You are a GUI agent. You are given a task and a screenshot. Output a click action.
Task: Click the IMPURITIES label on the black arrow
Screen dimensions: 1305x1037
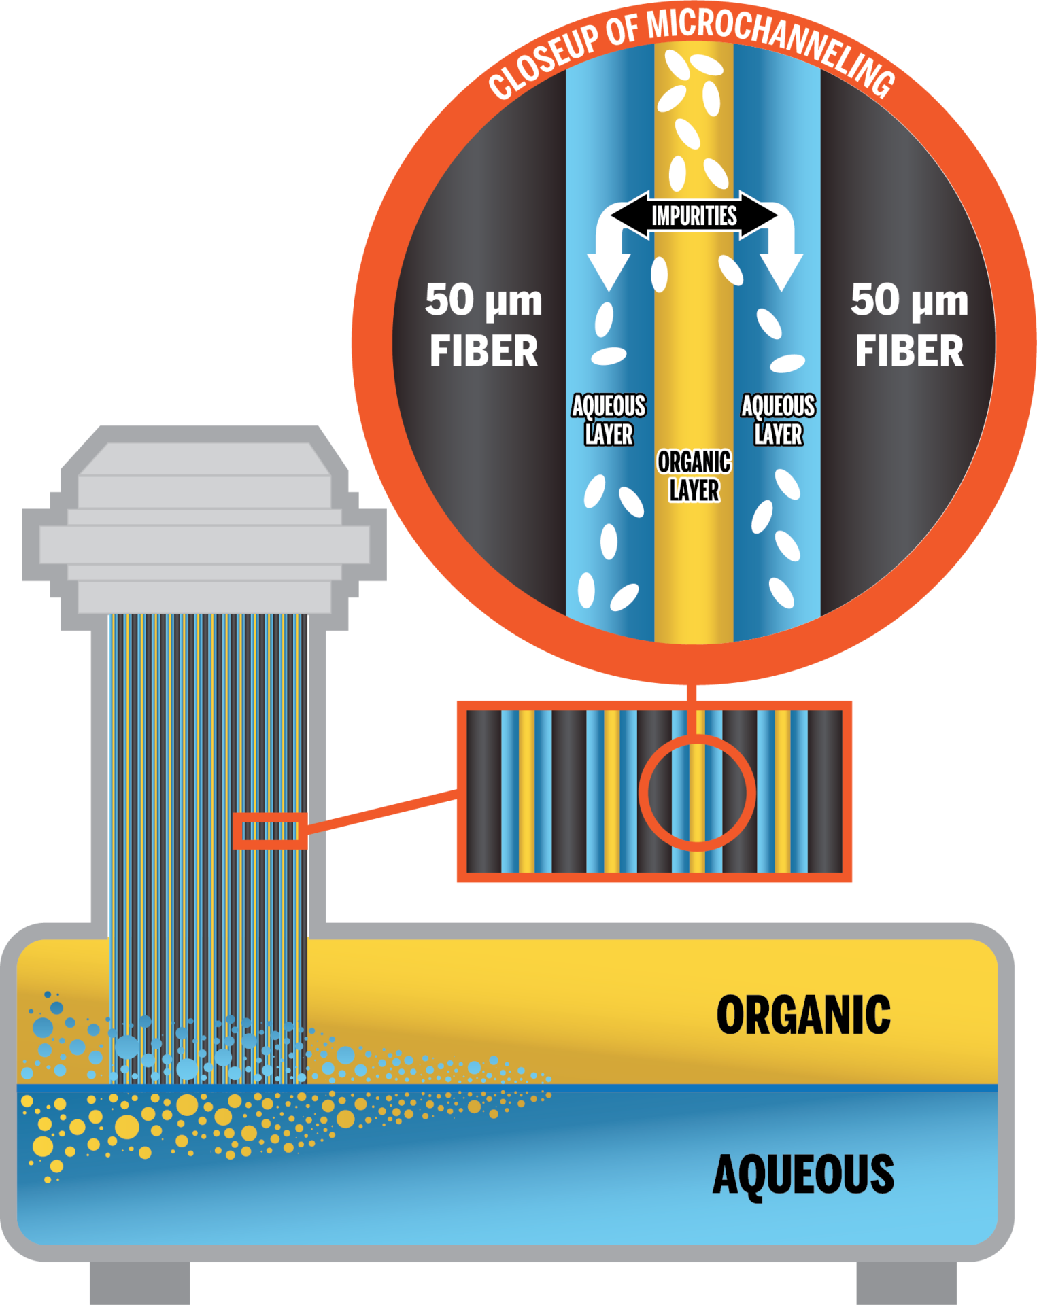click(694, 216)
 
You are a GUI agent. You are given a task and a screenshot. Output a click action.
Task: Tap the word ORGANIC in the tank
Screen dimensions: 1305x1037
click(803, 1015)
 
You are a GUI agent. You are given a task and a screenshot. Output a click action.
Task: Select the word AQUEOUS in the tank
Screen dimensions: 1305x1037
click(803, 1174)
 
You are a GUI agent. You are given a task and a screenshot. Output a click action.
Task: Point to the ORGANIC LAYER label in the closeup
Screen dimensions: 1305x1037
click(694, 476)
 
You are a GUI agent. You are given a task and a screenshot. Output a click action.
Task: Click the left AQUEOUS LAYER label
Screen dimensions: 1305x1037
click(609, 420)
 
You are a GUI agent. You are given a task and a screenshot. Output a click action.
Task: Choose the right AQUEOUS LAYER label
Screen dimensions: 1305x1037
click(778, 420)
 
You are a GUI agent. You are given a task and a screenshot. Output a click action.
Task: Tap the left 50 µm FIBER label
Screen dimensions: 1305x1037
click(483, 326)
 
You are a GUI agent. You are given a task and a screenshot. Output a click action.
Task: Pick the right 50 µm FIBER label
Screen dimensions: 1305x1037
click(909, 326)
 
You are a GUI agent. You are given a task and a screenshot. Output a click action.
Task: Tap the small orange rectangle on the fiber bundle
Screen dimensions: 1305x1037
click(270, 831)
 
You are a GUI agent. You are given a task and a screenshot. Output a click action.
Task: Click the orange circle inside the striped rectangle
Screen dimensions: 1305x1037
click(697, 793)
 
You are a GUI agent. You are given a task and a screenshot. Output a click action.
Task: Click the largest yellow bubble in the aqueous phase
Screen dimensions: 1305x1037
click(126, 1127)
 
